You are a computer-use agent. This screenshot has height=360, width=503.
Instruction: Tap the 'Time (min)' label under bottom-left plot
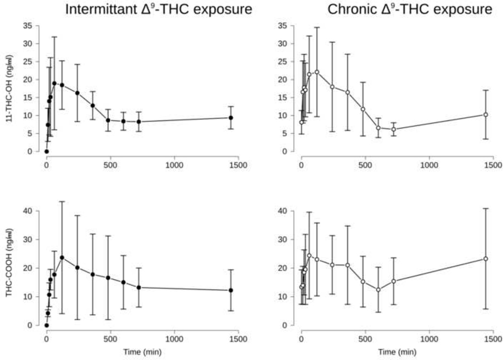click(x=142, y=352)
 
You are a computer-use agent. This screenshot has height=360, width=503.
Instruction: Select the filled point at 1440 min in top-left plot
click(x=230, y=118)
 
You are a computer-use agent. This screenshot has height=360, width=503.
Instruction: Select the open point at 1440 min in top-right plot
click(x=485, y=114)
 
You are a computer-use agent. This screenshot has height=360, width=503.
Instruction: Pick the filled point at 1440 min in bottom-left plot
click(x=230, y=290)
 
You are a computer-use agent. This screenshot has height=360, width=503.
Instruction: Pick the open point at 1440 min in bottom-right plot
click(x=485, y=259)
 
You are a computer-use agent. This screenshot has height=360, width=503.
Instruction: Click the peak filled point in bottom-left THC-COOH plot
click(x=62, y=258)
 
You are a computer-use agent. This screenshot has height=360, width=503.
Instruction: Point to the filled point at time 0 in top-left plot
click(x=46, y=151)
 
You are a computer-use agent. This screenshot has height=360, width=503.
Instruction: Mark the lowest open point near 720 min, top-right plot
click(x=394, y=129)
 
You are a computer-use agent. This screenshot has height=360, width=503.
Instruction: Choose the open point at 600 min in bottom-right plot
click(x=378, y=290)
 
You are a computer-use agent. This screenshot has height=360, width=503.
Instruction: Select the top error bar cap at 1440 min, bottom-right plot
click(x=485, y=208)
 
